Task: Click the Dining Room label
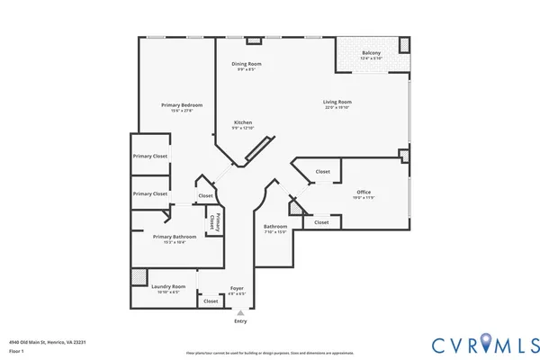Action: pyautogui.click(x=247, y=64)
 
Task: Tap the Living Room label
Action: pyautogui.click(x=337, y=102)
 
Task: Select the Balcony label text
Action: pyautogui.click(x=371, y=53)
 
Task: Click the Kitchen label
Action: pyautogui.click(x=243, y=122)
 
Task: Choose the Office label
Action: pyautogui.click(x=364, y=192)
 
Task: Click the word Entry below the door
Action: pyautogui.click(x=240, y=321)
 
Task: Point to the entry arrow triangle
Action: pyautogui.click(x=240, y=312)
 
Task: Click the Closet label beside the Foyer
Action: pyautogui.click(x=211, y=301)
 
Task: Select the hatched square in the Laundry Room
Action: pyautogui.click(x=139, y=277)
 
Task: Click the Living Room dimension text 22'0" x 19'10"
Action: pyautogui.click(x=337, y=108)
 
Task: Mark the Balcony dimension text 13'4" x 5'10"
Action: pyautogui.click(x=371, y=58)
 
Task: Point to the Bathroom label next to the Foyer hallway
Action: pyautogui.click(x=275, y=226)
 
